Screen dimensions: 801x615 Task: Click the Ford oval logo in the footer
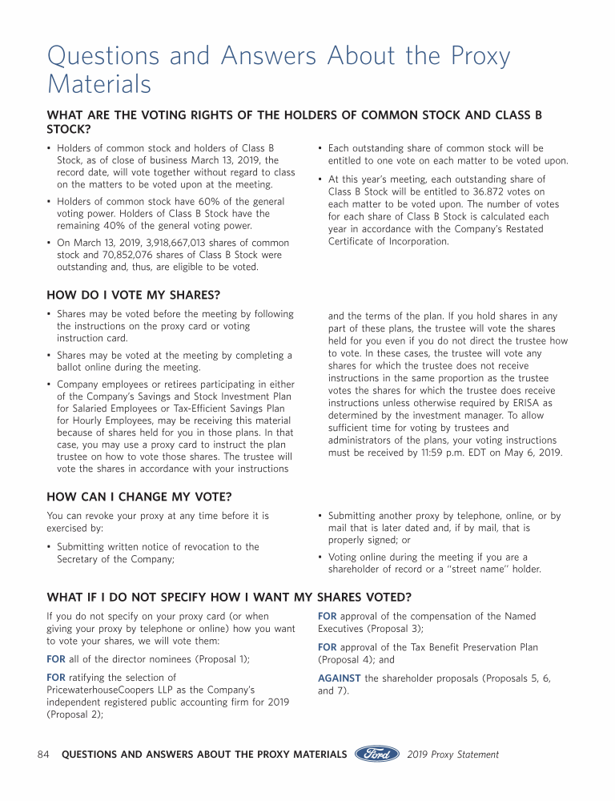click(x=377, y=754)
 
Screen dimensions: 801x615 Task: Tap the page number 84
click(x=44, y=755)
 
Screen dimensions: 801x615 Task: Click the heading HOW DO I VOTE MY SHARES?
click(x=133, y=296)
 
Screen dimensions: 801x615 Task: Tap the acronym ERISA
click(x=529, y=403)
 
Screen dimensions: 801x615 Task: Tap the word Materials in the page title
click(x=99, y=83)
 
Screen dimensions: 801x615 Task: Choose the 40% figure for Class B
click(x=110, y=226)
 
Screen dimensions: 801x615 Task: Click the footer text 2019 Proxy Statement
click(x=452, y=755)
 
